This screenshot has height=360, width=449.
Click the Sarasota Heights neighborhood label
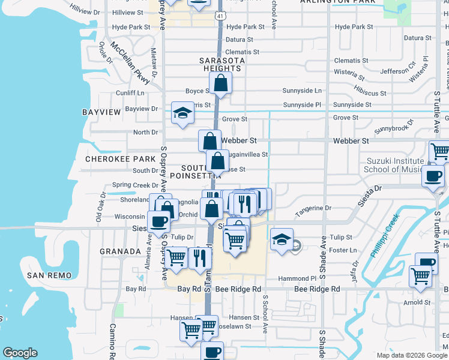point(220,64)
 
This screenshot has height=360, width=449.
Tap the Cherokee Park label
point(120,159)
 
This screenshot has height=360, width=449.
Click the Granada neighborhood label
point(120,251)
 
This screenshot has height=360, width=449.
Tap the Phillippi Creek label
point(384,240)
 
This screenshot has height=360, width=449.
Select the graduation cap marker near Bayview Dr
point(182,112)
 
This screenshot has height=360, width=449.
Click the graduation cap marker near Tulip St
point(282,239)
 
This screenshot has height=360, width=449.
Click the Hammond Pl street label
point(297,279)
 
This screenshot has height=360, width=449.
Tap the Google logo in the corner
point(20,353)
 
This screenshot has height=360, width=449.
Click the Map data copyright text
point(412,355)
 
